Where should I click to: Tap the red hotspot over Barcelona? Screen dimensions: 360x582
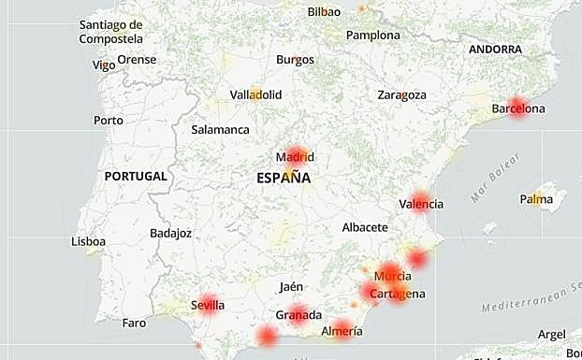[517, 106]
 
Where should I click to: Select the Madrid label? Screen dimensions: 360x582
[295, 157]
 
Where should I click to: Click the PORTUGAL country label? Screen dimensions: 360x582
[136, 176]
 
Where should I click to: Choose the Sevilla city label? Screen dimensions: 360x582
[207, 305]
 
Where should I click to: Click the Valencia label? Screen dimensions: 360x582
[421, 204]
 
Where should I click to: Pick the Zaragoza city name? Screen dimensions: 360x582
[401, 95]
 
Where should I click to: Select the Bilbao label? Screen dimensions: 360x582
[324, 12]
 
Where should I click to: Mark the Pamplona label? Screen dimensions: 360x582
[373, 36]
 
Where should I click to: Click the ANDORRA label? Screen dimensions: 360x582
[496, 49]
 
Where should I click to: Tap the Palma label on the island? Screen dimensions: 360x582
[536, 198]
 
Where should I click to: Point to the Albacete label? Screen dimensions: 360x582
[365, 227]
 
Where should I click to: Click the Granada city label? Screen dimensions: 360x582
[298, 315]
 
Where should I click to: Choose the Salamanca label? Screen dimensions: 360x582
[220, 130]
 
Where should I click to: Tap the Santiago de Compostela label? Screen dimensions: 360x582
[110, 32]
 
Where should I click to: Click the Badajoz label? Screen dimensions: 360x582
[170, 233]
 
